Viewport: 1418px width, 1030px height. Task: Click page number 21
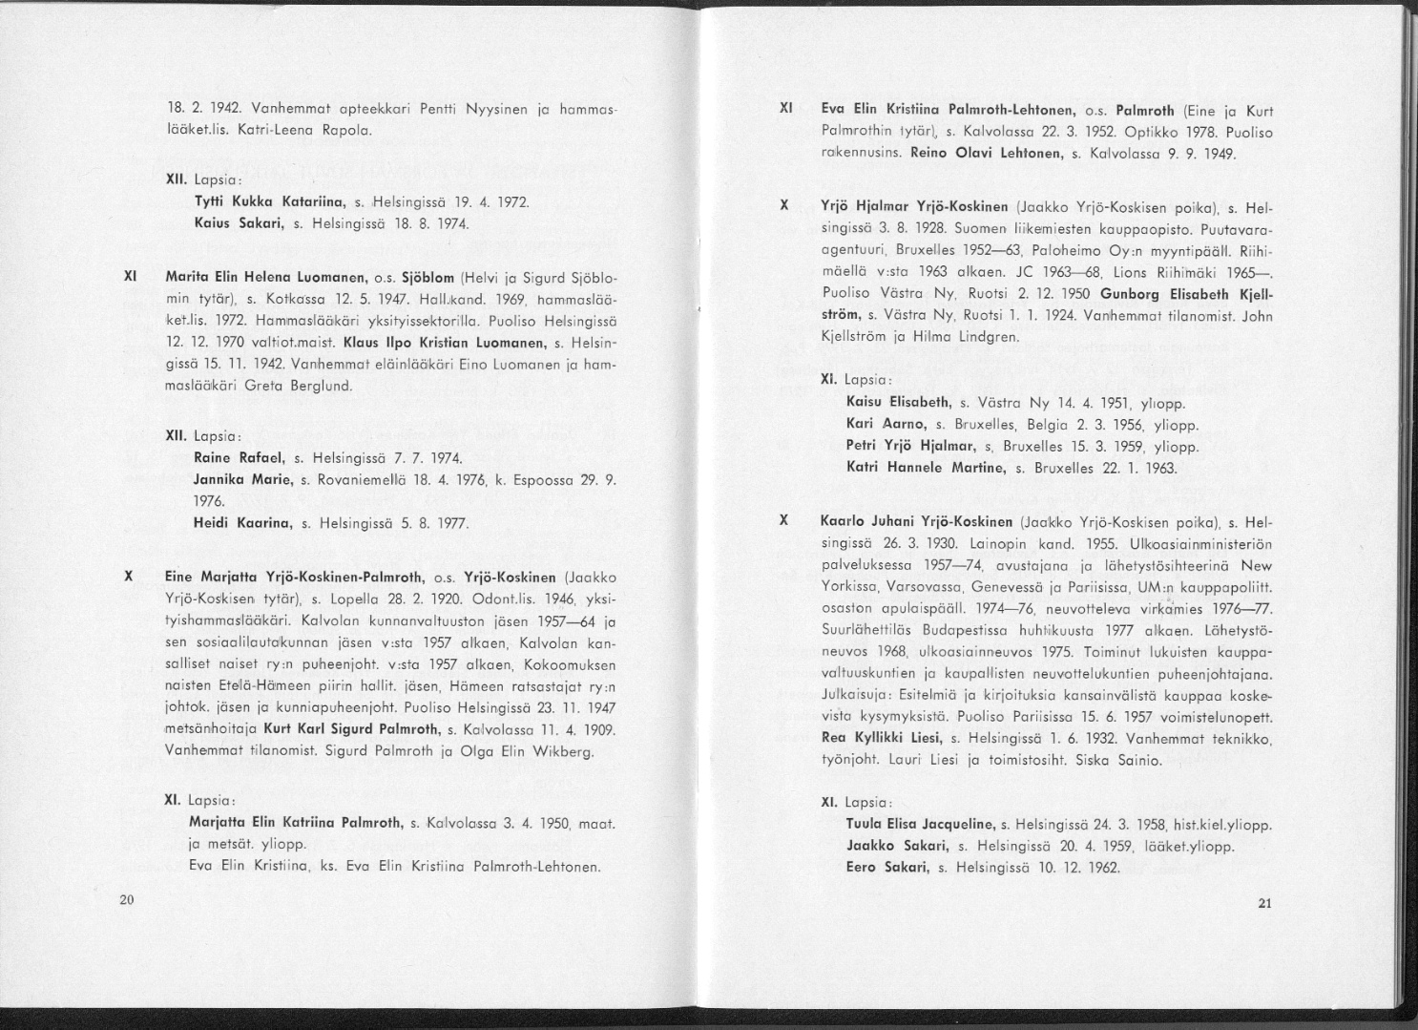coord(1265,904)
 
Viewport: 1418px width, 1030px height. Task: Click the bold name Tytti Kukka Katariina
coord(256,203)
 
